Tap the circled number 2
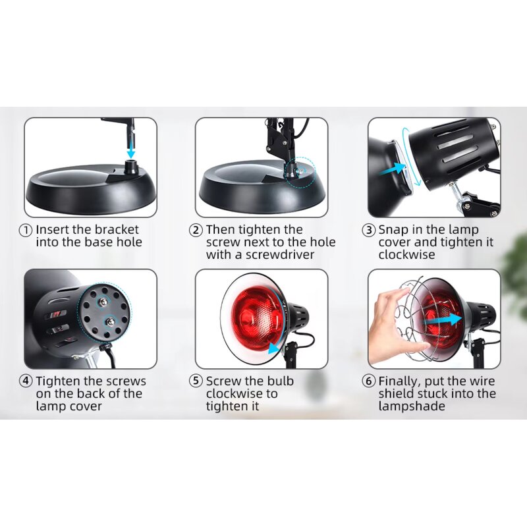click(196, 230)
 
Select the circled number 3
click(370, 230)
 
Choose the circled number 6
click(370, 381)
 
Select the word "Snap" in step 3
click(392, 230)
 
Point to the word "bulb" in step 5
click(280, 381)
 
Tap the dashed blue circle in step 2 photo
click(304, 169)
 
